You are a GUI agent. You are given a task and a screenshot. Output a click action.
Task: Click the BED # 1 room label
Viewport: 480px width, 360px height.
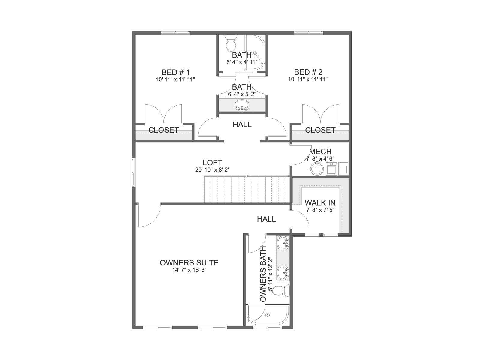pyautogui.click(x=175, y=72)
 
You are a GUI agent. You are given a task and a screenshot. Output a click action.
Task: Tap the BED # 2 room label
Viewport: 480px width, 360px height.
pyautogui.click(x=308, y=72)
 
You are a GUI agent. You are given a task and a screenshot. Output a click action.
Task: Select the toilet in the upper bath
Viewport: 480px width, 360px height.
pyautogui.click(x=231, y=43)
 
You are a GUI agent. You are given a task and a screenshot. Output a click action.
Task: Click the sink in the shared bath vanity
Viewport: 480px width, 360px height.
pyautogui.click(x=242, y=105)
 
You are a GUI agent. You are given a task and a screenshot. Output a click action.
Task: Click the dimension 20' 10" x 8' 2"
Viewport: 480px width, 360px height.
pyautogui.click(x=212, y=170)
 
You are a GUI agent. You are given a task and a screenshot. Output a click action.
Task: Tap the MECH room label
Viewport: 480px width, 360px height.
pyautogui.click(x=320, y=151)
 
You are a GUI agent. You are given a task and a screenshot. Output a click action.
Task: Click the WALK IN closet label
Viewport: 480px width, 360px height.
pyautogui.click(x=320, y=203)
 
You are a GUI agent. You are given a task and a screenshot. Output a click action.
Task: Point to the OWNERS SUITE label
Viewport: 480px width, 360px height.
pyautogui.click(x=189, y=263)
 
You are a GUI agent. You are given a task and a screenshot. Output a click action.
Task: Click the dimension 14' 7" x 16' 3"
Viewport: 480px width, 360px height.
pyautogui.click(x=189, y=270)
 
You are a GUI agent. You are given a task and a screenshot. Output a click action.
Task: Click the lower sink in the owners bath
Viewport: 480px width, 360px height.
pyautogui.click(x=283, y=273)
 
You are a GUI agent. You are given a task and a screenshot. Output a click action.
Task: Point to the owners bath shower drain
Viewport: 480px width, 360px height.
pyautogui.click(x=267, y=315)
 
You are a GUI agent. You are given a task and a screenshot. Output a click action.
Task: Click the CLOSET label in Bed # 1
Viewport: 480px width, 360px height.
pyautogui.click(x=163, y=130)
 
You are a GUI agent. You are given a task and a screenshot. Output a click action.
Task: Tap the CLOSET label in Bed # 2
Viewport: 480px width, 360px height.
pyautogui.click(x=320, y=130)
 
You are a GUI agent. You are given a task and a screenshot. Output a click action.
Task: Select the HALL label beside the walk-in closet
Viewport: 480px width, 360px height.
pyautogui.click(x=266, y=219)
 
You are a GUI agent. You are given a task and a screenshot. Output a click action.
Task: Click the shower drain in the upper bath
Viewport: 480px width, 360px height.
pyautogui.click(x=255, y=53)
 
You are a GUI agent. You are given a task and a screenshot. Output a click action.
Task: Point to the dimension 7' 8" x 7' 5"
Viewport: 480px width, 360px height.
pyautogui.click(x=320, y=210)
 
